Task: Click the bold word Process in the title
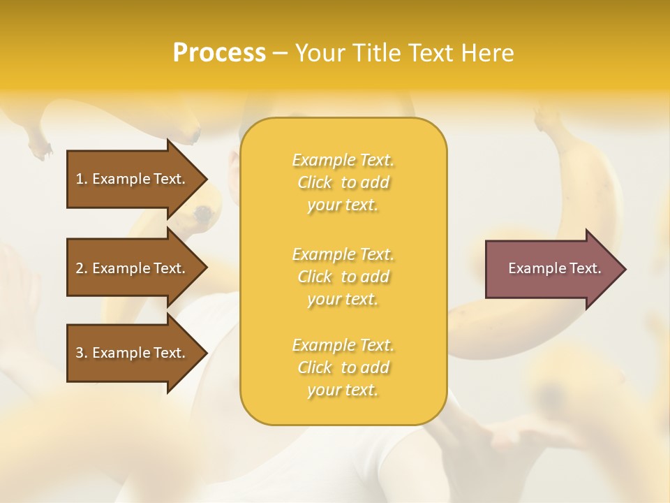tap(219, 53)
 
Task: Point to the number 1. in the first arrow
tap(82, 179)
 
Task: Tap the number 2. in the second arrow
tap(82, 268)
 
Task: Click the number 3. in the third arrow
tap(82, 353)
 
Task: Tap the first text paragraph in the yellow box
tap(343, 182)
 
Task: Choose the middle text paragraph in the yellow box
tap(343, 276)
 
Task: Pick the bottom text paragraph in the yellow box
tap(343, 367)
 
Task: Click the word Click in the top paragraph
tap(314, 183)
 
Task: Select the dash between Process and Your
tap(281, 53)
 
